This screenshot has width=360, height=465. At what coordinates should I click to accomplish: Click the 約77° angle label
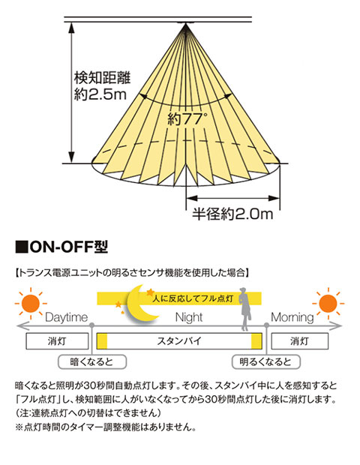pyautogui.click(x=186, y=119)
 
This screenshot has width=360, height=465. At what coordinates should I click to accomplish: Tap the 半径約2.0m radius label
pyautogui.click(x=232, y=213)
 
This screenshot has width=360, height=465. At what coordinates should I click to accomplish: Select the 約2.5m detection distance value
pyautogui.click(x=100, y=94)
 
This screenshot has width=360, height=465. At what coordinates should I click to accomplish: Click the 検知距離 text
pyautogui.click(x=102, y=78)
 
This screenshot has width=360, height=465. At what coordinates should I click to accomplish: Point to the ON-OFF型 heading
pyautogui.click(x=61, y=247)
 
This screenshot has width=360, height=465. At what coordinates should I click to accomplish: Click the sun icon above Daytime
pyautogui.click(x=31, y=303)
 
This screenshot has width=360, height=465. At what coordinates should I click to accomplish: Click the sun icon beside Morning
pyautogui.click(x=328, y=303)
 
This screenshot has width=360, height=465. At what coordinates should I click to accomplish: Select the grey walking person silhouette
pyautogui.click(x=245, y=309)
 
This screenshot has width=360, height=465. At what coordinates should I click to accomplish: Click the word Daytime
pyautogui.click(x=67, y=317)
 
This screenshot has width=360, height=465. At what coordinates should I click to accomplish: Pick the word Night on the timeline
pyautogui.click(x=189, y=317)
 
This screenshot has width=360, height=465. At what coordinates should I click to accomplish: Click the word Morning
pyautogui.click(x=292, y=317)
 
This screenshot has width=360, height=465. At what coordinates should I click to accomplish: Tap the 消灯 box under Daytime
pyautogui.click(x=57, y=341)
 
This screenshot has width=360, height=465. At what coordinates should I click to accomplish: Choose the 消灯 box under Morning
pyautogui.click(x=300, y=341)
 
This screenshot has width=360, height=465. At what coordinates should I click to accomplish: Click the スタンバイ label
pyautogui.click(x=179, y=341)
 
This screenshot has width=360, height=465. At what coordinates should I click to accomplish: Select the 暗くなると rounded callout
pyautogui.click(x=92, y=361)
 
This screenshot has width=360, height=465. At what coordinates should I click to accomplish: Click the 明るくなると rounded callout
pyautogui.click(x=265, y=361)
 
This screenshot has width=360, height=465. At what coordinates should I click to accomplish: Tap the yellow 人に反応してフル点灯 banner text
pyautogui.click(x=193, y=298)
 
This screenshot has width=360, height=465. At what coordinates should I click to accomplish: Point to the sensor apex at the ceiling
pyautogui.click(x=186, y=24)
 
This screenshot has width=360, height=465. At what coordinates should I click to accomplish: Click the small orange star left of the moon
pyautogui.click(x=118, y=304)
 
